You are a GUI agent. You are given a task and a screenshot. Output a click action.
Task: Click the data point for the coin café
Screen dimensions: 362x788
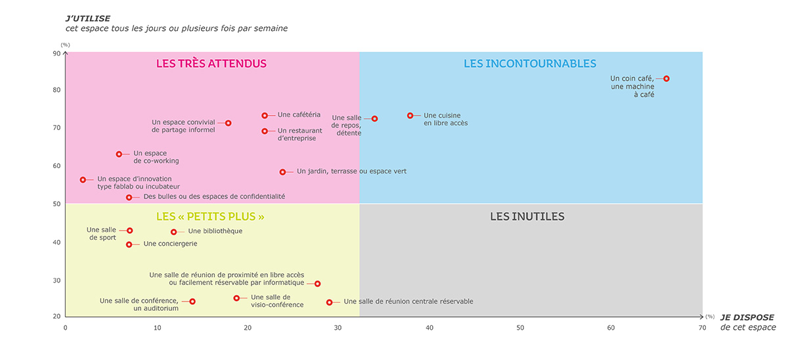point(667,79)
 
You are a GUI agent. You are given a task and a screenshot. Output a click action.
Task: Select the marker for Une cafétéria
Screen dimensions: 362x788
point(265,116)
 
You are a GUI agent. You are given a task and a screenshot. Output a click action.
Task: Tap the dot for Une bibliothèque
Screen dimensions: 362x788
point(174,232)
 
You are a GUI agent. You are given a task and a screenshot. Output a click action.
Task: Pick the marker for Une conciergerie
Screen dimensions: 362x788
point(129,244)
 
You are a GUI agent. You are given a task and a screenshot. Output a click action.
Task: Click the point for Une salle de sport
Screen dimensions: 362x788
point(130,231)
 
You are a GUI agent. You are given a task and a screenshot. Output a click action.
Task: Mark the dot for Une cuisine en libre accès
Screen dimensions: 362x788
point(410,116)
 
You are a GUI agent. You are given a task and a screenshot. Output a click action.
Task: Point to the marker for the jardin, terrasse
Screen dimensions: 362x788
point(283,172)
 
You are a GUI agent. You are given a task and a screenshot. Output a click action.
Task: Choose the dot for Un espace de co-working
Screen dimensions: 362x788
point(119,154)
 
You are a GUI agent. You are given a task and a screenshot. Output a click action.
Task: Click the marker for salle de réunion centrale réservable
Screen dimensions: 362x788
point(330,302)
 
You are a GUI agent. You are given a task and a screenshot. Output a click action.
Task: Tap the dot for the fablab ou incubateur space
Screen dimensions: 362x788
point(83,179)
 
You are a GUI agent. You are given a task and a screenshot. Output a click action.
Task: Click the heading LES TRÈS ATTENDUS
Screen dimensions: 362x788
point(211,64)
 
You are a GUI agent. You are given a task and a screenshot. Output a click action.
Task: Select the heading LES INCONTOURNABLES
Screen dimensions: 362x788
point(530,64)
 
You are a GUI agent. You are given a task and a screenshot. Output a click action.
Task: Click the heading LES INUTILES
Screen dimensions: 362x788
point(527,216)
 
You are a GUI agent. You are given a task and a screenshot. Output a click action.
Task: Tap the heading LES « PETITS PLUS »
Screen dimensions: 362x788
point(210,216)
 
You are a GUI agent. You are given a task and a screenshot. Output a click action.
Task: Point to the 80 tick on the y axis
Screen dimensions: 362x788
point(56,90)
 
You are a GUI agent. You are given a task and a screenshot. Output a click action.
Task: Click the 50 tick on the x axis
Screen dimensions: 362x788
point(520,327)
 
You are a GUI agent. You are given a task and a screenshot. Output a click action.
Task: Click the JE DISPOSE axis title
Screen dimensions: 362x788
point(747,317)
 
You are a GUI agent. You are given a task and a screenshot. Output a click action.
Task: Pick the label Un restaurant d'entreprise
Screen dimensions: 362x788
point(297,134)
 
